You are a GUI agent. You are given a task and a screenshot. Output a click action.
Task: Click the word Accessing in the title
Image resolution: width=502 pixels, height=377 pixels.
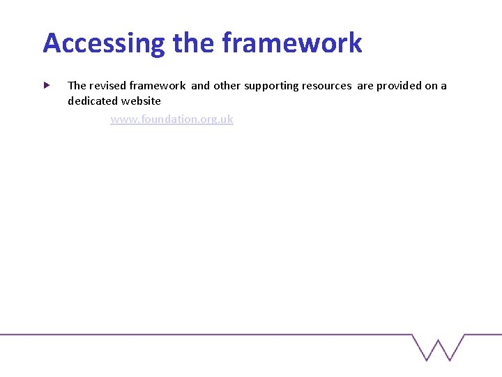coord(104,43)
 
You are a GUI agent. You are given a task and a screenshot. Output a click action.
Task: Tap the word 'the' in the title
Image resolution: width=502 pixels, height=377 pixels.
coord(194,43)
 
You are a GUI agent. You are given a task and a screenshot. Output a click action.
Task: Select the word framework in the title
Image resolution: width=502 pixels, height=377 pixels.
coord(292,43)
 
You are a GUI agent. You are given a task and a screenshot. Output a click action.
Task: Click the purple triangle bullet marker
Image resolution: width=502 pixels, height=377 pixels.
coord(46,85)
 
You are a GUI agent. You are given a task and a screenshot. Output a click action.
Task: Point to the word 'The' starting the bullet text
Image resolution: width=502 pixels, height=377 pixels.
coord(77,86)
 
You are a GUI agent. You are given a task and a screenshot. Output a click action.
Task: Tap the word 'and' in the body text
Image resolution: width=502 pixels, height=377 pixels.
coord(200,86)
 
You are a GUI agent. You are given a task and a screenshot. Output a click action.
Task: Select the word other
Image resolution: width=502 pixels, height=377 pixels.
coord(227,86)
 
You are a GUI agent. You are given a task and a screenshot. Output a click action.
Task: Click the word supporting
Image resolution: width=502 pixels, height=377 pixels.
coord(271,86)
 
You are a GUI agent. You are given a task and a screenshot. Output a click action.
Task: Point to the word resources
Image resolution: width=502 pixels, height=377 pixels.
coord(326,86)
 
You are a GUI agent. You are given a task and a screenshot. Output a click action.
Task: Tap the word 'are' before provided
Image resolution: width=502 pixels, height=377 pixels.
coord(365,86)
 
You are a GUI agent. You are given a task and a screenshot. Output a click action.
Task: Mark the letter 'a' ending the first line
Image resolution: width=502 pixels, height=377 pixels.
coord(443,86)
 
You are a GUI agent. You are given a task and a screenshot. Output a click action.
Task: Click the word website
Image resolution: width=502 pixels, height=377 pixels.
coord(143,101)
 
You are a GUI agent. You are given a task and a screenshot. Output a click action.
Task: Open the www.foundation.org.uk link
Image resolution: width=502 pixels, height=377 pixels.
coord(172,119)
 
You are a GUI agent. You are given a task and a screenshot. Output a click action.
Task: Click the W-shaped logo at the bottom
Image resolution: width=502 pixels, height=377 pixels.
coord(438,347)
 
